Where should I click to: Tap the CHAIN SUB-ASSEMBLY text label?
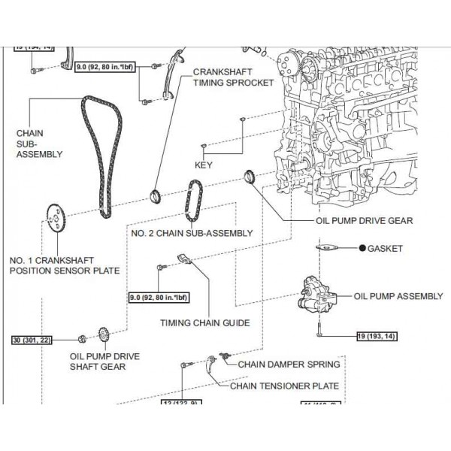click(x=39, y=144)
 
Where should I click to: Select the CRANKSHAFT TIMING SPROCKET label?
click(x=233, y=77)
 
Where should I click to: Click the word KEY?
click(x=203, y=164)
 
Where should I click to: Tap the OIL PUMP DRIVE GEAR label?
click(x=364, y=222)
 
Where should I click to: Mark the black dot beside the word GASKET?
click(x=362, y=248)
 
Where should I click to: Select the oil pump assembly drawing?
click(x=316, y=297)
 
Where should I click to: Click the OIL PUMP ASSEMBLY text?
click(x=398, y=296)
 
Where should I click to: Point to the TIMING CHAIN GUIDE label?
click(x=204, y=323)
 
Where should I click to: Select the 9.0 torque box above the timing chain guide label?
click(x=158, y=297)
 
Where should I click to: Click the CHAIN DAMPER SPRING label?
click(x=289, y=364)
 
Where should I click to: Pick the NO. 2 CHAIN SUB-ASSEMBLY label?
click(x=192, y=234)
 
